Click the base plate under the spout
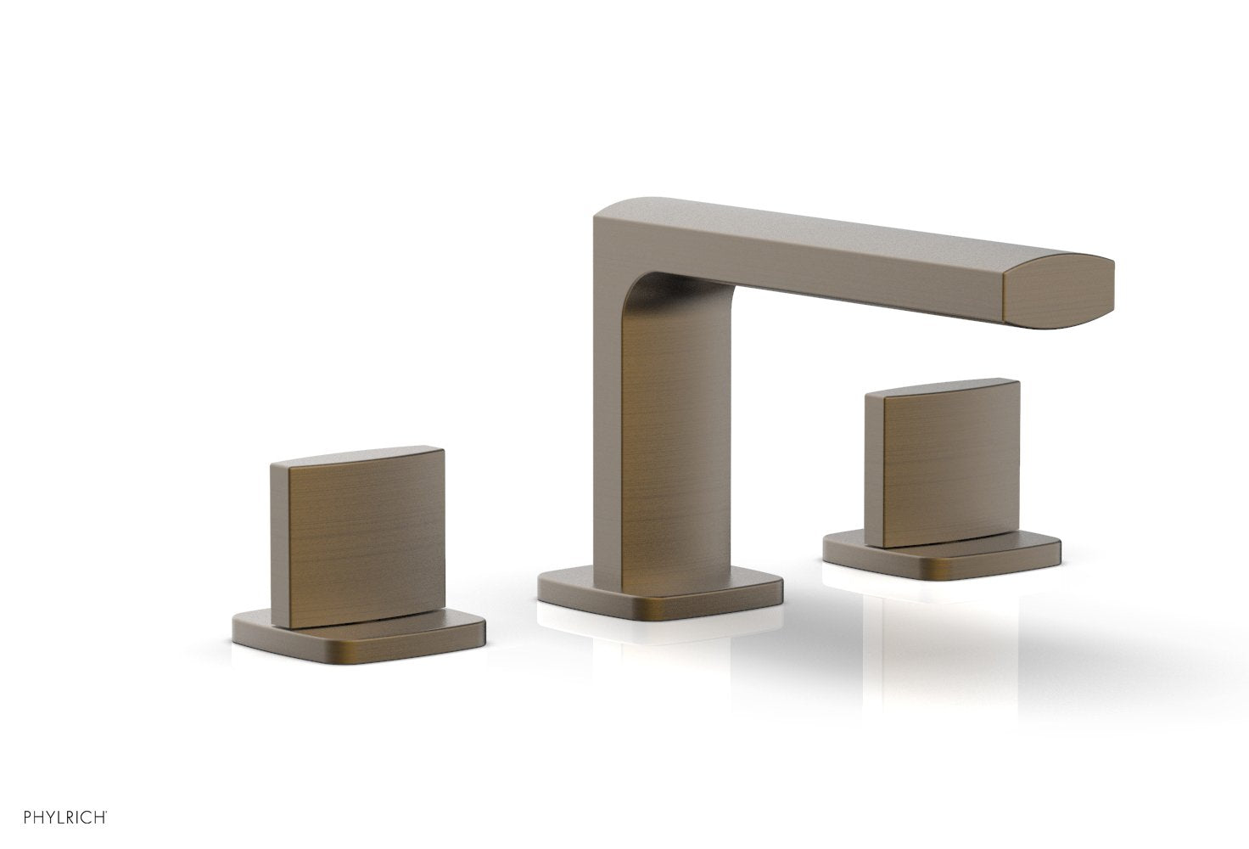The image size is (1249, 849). (662, 594)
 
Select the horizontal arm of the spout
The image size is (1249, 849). (849, 263)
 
